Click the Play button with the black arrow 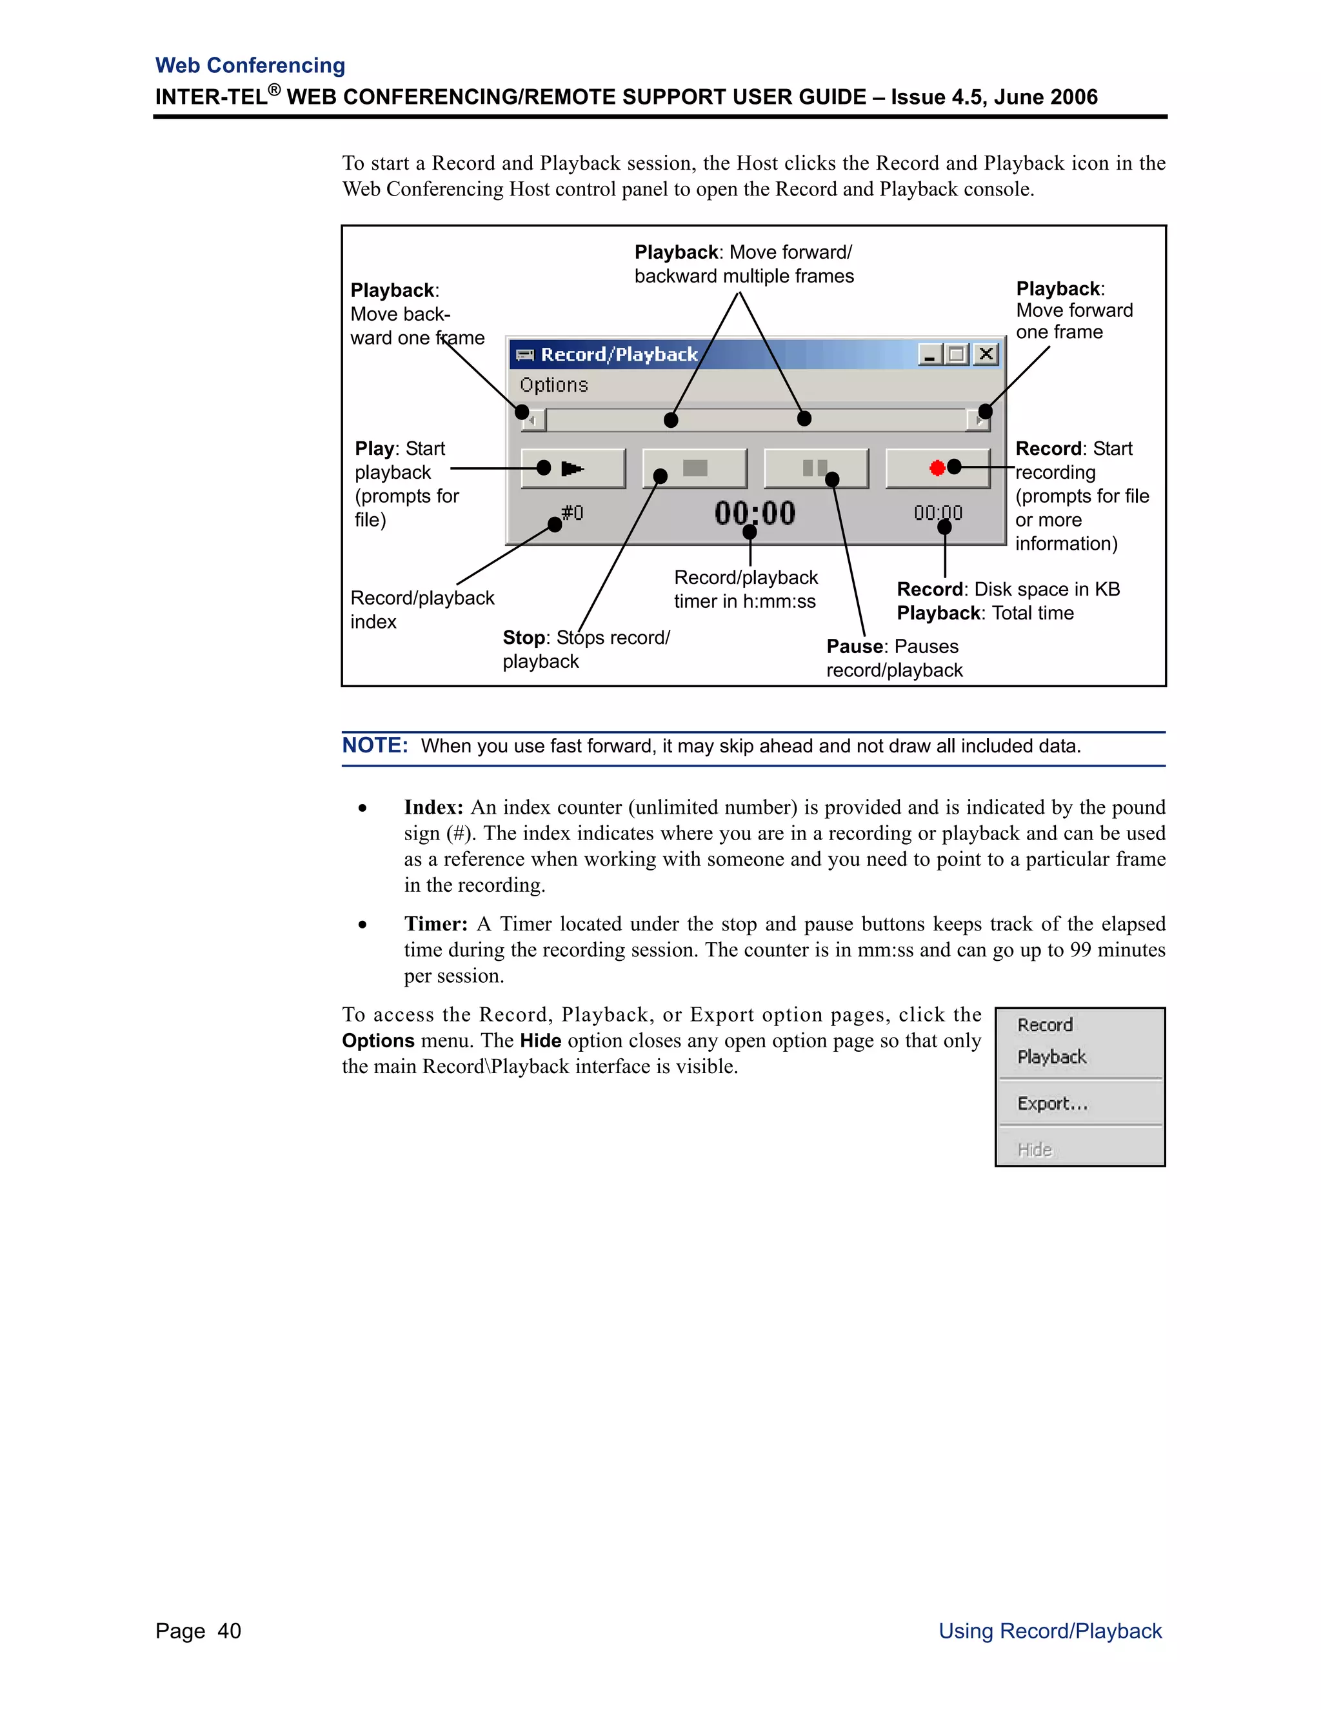[573, 468]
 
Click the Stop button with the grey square [694, 468]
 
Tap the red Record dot [937, 468]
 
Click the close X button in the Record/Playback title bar [986, 355]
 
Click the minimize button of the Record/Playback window [929, 355]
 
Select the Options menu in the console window [553, 385]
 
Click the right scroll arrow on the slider [978, 421]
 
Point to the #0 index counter [572, 513]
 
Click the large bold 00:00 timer [755, 514]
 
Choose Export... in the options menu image [1052, 1103]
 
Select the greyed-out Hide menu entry [1035, 1149]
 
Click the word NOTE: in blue [375, 745]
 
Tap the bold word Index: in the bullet [433, 807]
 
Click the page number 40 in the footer [229, 1631]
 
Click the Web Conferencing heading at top [250, 65]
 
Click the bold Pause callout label [855, 647]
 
